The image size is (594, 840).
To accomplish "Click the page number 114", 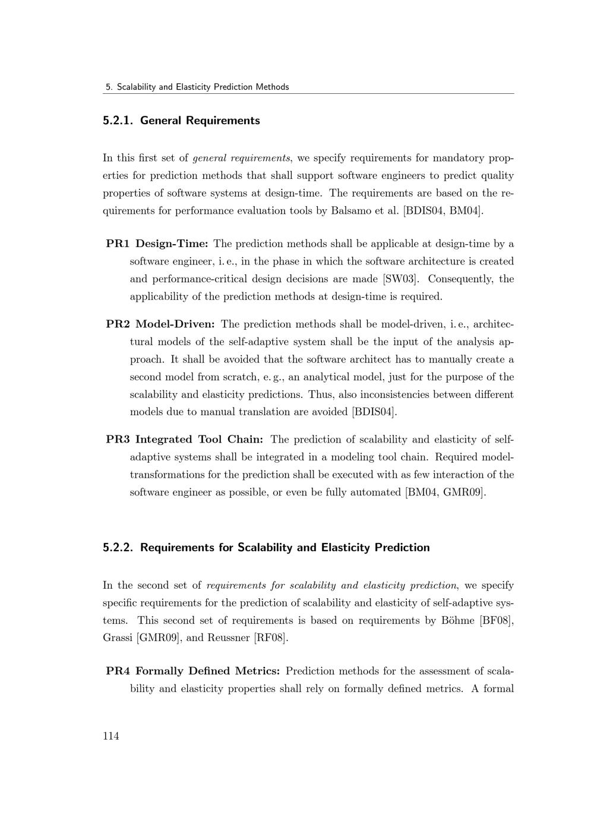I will point(110,736).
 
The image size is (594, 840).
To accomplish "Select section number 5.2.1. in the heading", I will point(119,121).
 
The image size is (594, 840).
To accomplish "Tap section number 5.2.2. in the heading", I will point(119,547).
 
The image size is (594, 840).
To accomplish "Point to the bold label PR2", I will point(118,324).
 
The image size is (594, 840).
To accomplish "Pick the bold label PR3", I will point(118,439).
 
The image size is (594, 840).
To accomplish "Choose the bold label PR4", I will point(118,671).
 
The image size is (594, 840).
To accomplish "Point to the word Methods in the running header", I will point(273,87).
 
